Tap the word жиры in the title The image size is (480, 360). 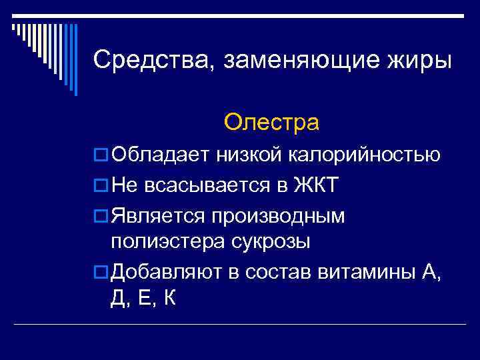point(422,61)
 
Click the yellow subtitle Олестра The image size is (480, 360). point(271,123)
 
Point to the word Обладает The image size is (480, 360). point(161,155)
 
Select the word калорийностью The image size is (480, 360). point(364,157)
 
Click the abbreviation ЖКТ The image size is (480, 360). point(317,185)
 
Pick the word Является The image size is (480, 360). point(159,214)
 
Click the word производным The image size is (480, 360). point(287,215)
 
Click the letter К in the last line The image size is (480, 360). point(169,298)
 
